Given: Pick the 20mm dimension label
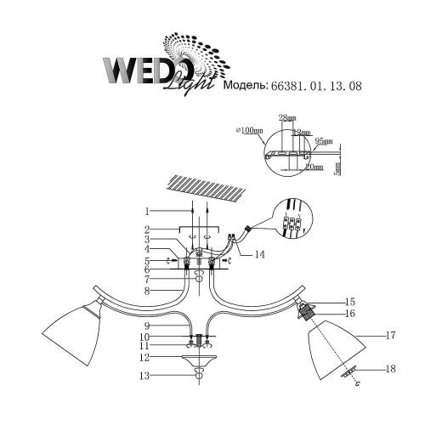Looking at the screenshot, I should pyautogui.click(x=314, y=168).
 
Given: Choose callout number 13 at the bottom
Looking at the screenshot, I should pyautogui.click(x=146, y=375).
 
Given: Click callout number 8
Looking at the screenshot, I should pyautogui.click(x=146, y=291).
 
